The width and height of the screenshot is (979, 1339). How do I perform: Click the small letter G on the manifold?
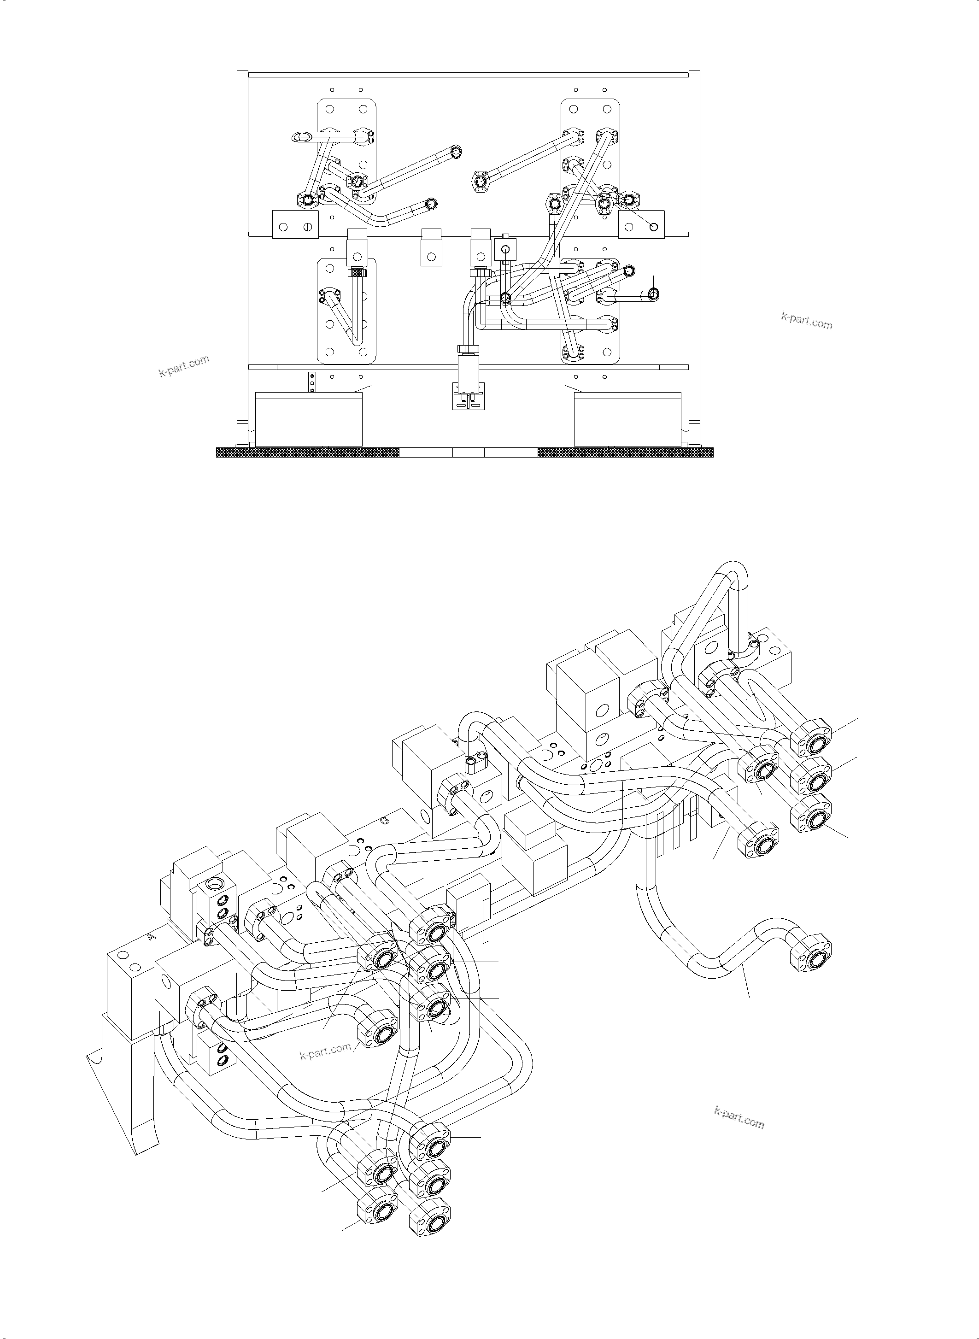tap(385, 822)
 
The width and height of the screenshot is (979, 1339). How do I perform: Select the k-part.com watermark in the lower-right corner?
tap(739, 1117)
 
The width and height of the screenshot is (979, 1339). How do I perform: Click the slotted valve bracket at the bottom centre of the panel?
tap(468, 396)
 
